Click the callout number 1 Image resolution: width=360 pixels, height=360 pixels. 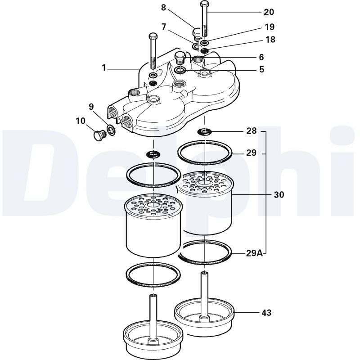[x=104, y=68]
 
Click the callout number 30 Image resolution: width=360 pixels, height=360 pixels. [x=279, y=195]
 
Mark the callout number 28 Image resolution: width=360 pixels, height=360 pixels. [x=252, y=131]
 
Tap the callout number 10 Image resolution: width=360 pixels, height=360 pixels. [x=80, y=121]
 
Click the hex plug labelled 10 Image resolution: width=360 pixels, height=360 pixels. [x=98, y=135]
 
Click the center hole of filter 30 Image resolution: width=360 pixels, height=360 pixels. [x=205, y=181]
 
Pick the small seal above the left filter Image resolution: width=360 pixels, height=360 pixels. [x=154, y=154]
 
